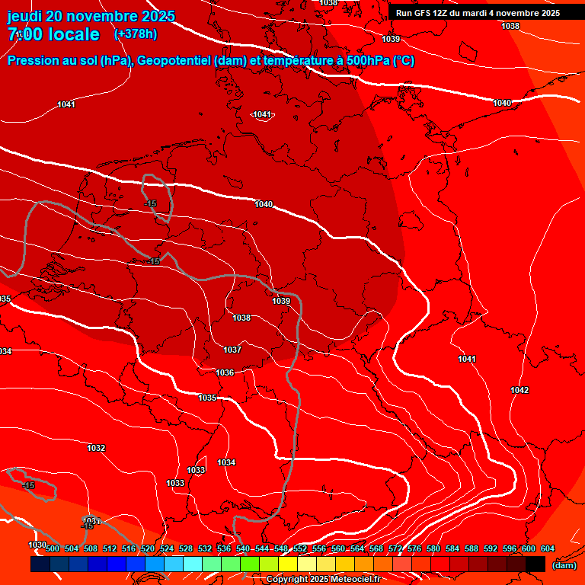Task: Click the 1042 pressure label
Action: pos(519,390)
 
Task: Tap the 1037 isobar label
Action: pos(232,350)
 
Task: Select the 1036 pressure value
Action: pos(225,372)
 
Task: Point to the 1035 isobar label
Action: pos(207,398)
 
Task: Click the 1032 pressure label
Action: pos(96,448)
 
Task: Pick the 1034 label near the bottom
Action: pos(226,462)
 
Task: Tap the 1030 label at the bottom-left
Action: pos(37,545)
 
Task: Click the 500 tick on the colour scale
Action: pos(53,548)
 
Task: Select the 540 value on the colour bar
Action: pos(243,548)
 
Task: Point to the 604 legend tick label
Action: pos(548,548)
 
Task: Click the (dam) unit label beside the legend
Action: pos(564,565)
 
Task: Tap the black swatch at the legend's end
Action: pos(535,564)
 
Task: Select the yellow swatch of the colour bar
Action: pos(287,564)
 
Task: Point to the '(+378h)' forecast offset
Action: pos(136,34)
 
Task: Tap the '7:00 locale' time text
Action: pos(53,34)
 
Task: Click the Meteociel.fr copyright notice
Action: pos(323,580)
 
